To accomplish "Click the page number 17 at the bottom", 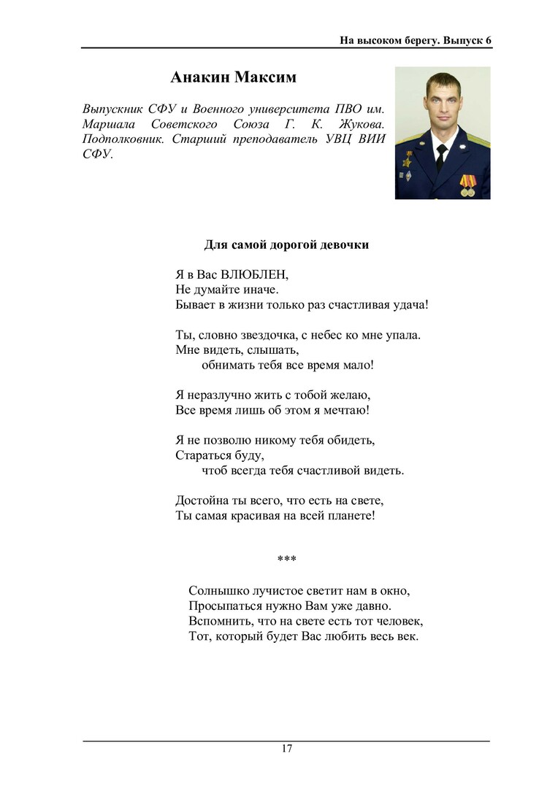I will [x=286, y=749].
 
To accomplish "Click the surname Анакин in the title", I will [x=197, y=77].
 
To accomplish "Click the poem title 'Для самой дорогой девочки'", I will [x=286, y=245].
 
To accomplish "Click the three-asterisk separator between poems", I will [x=286, y=560].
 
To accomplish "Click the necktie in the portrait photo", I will [x=441, y=155].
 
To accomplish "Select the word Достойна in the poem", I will [x=202, y=501].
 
